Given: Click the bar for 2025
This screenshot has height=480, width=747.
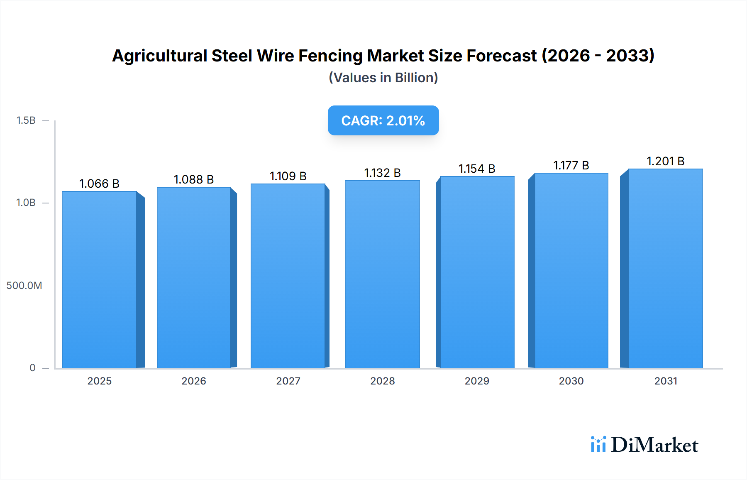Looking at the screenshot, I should (100, 279).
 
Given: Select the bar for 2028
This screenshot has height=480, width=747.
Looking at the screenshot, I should (382, 274).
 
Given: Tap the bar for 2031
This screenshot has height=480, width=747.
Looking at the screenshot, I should (666, 268).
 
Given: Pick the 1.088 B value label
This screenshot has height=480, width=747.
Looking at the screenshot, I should (194, 179).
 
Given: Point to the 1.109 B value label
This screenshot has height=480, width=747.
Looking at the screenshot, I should (288, 176).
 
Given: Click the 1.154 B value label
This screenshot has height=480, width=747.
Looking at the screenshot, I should (477, 169).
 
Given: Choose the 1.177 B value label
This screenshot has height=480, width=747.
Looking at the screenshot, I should (571, 165).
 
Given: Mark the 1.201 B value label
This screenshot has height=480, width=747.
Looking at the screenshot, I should (666, 161).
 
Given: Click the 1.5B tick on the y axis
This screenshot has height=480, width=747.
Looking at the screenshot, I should (26, 120).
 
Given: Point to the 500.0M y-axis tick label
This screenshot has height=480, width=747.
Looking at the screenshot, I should (24, 286).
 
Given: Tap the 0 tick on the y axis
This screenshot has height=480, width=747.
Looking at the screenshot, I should (32, 368).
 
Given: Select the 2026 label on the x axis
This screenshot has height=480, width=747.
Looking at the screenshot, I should (194, 381).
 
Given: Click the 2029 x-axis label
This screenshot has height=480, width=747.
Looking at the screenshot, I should (477, 381).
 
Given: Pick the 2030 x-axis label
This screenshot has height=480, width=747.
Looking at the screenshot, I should (571, 381).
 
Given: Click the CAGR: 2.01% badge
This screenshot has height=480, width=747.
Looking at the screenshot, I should (383, 120).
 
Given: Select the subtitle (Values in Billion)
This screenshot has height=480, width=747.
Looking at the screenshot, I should (383, 78).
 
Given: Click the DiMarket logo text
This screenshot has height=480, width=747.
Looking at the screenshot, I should (654, 445).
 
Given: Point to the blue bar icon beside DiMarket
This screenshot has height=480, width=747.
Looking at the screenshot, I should (598, 444).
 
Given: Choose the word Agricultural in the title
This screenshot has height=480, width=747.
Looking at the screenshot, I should (160, 56).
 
